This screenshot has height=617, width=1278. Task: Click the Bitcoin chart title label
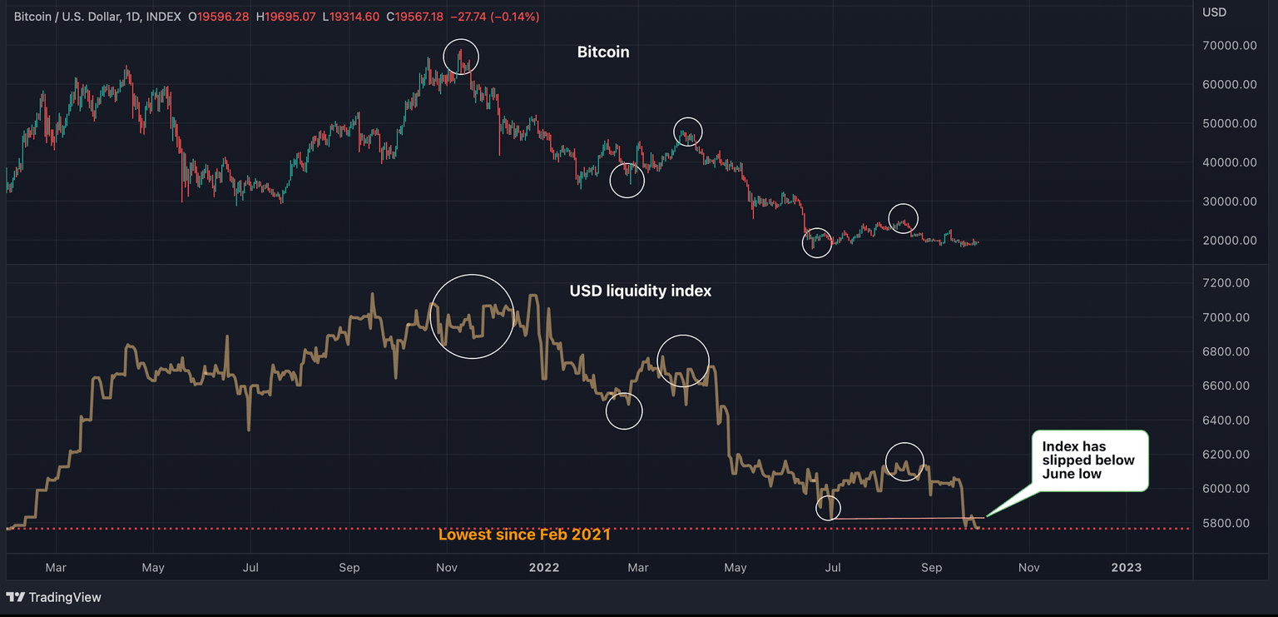(603, 52)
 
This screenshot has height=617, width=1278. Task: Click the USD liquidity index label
(640, 291)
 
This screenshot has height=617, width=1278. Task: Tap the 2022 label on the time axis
(544, 568)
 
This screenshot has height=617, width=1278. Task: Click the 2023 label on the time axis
(1126, 568)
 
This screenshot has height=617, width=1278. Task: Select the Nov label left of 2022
(447, 568)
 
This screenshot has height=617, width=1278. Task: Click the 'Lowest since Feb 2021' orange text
(524, 535)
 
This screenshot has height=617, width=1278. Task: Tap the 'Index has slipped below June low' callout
(1088, 460)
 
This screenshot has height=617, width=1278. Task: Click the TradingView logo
(54, 597)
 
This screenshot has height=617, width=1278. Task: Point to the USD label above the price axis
(1215, 12)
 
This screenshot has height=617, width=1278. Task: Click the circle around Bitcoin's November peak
(461, 57)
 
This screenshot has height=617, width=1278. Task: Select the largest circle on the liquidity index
(472, 316)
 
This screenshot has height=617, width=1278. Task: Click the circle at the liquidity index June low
(828, 507)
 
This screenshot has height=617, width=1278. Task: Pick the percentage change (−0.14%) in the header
(516, 17)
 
